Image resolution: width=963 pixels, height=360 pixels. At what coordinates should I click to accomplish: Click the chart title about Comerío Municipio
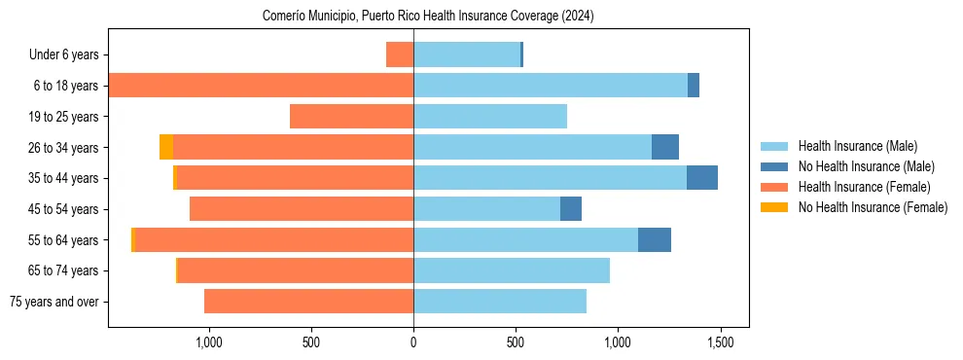point(428,17)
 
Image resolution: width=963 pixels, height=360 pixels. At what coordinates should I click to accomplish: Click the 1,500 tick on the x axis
point(720,342)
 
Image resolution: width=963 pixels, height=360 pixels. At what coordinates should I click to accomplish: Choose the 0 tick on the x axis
point(413,342)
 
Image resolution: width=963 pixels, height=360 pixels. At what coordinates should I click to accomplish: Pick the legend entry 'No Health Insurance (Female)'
point(873,207)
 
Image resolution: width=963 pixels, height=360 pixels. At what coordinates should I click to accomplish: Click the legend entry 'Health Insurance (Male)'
point(857,146)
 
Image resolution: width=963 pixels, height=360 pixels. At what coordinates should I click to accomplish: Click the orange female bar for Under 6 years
point(400,54)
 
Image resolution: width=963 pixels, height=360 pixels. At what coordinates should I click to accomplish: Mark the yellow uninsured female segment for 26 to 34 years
point(166,147)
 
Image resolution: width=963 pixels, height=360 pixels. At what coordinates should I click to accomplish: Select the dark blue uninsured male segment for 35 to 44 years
point(702,178)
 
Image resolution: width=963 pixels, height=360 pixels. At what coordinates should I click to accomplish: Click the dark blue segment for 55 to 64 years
point(655,239)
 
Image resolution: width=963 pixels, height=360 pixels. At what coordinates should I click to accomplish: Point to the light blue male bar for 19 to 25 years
point(490,117)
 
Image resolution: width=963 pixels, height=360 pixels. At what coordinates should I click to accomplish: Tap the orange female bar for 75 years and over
point(309,302)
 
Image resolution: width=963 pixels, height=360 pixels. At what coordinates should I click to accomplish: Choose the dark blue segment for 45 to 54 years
point(571,209)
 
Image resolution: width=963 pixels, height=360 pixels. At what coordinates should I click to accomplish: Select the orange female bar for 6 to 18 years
point(261,86)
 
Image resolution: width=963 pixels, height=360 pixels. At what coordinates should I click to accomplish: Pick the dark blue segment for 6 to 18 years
point(694,86)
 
